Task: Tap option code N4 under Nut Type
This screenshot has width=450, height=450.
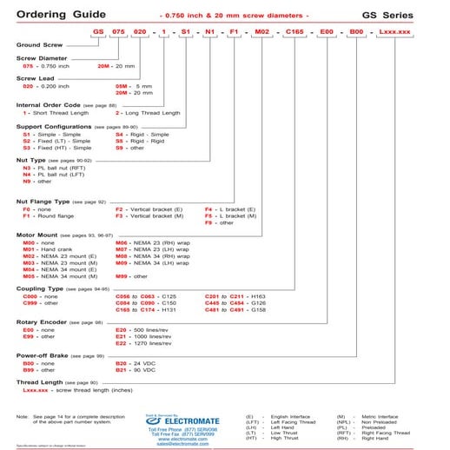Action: (x=28, y=175)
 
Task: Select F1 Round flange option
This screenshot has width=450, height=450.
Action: (x=28, y=215)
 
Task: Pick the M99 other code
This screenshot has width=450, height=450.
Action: (x=122, y=276)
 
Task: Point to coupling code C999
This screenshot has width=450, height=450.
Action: (x=30, y=302)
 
